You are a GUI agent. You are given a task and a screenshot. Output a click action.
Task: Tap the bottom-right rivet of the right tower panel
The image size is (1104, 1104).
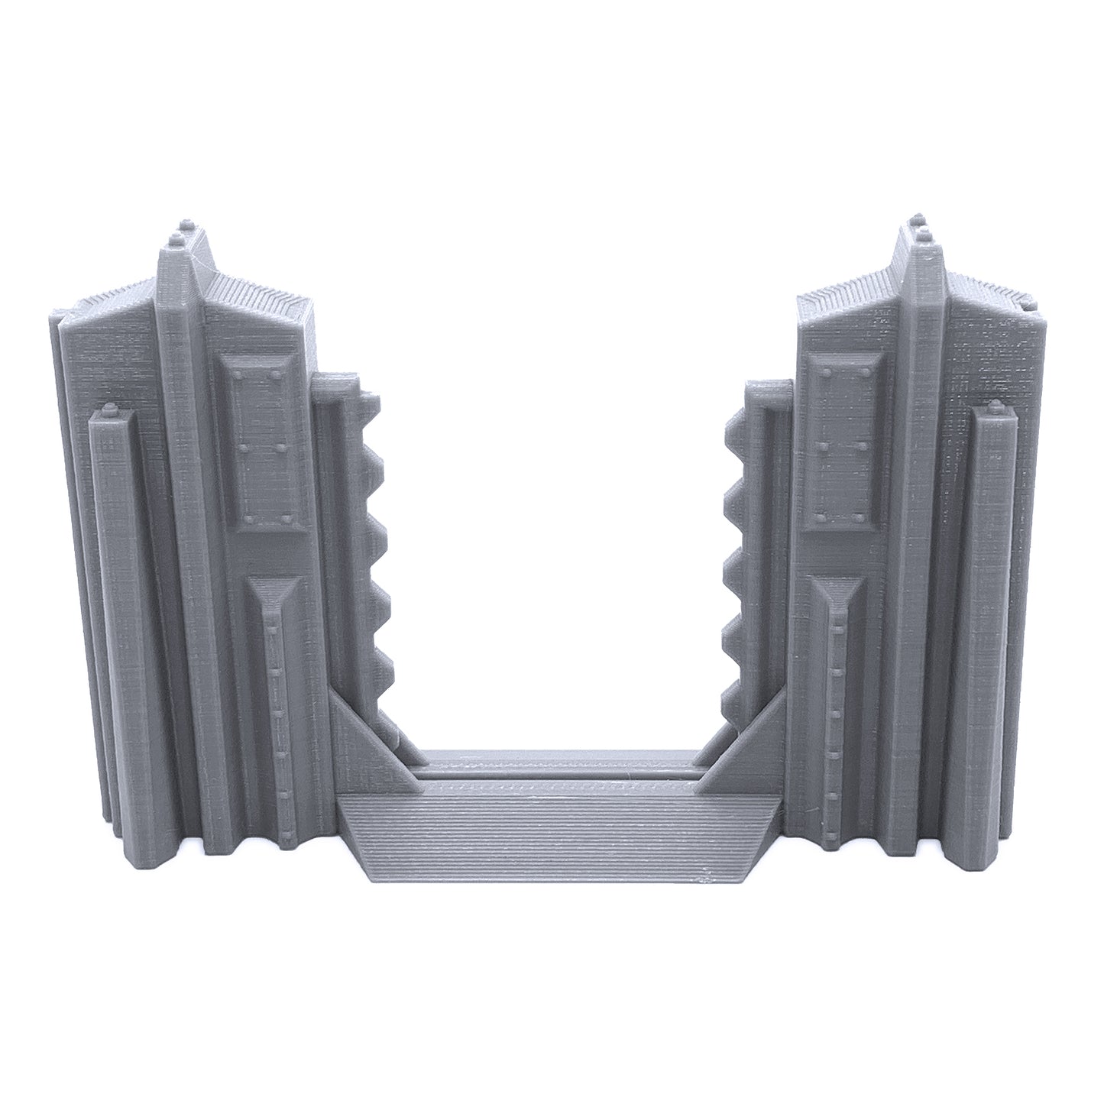click(864, 517)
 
